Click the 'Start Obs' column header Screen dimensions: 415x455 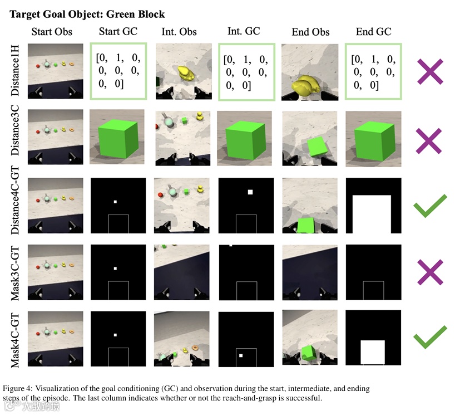pos(52,32)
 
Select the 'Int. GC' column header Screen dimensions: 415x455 pos(243,31)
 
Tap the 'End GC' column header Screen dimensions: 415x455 pos(373,32)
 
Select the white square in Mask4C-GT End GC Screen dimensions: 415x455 pos(373,351)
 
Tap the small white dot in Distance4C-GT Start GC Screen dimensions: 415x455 pos(115,202)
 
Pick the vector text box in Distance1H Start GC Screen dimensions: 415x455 pos(117,71)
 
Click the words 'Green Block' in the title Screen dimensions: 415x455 pos(136,13)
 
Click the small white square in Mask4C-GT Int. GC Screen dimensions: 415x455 pos(241,355)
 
